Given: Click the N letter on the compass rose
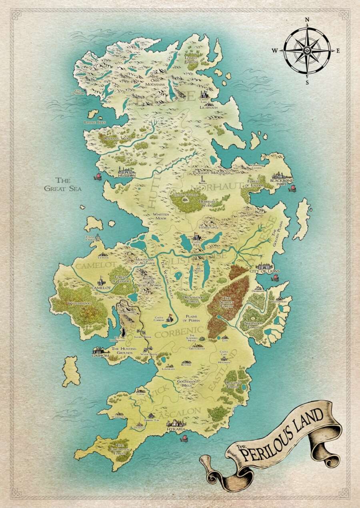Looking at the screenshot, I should click(307, 19).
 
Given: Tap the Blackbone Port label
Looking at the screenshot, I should click(282, 181).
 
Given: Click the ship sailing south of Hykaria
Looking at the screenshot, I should click(184, 439).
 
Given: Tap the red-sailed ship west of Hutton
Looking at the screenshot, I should click(97, 177).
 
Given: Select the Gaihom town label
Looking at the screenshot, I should click(100, 355).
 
